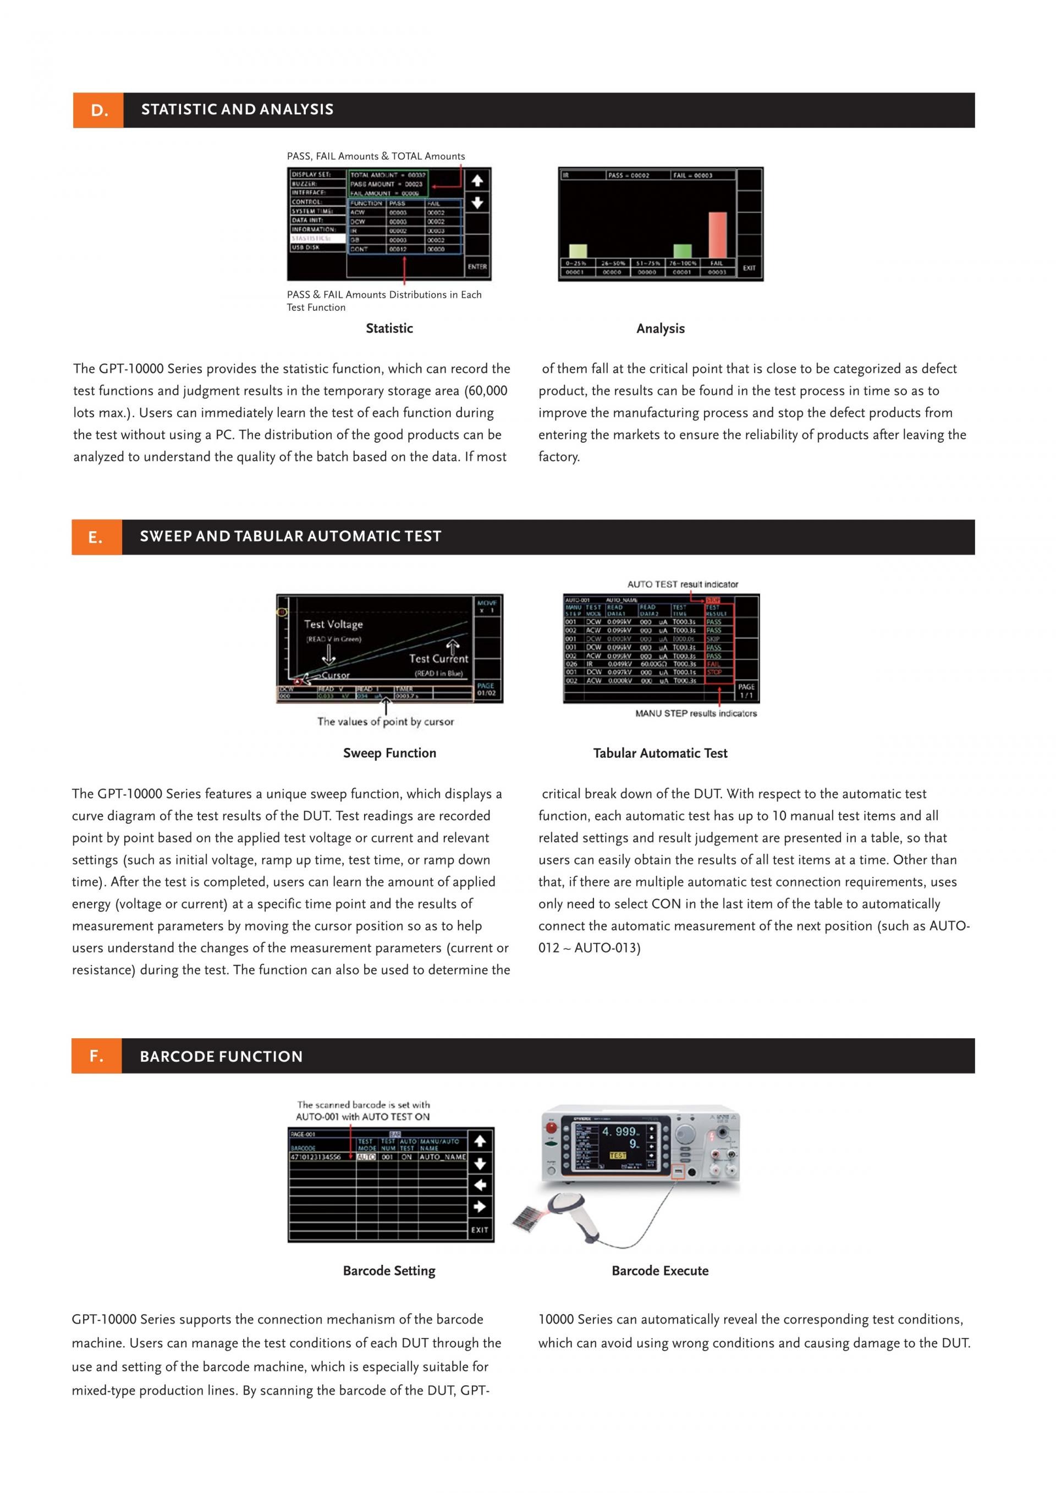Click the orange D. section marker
pyautogui.click(x=98, y=111)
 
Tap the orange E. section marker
pyautogui.click(x=96, y=537)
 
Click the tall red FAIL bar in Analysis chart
pyautogui.click(x=717, y=235)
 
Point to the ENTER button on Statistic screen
pyautogui.click(x=477, y=267)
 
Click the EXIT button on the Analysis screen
pyautogui.click(x=749, y=268)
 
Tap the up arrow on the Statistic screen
pyautogui.click(x=477, y=181)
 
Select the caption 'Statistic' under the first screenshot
pyautogui.click(x=389, y=328)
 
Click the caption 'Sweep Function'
pyautogui.click(x=389, y=753)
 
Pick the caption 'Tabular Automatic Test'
pyautogui.click(x=660, y=753)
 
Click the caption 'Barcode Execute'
pyautogui.click(x=660, y=1271)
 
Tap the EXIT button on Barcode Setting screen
pyautogui.click(x=480, y=1230)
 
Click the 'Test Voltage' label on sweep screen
pyautogui.click(x=334, y=624)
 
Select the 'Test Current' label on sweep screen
pyautogui.click(x=438, y=659)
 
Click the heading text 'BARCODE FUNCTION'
pyautogui.click(x=221, y=1057)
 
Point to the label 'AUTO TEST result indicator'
pyautogui.click(x=682, y=584)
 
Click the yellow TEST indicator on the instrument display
pyautogui.click(x=617, y=1155)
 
